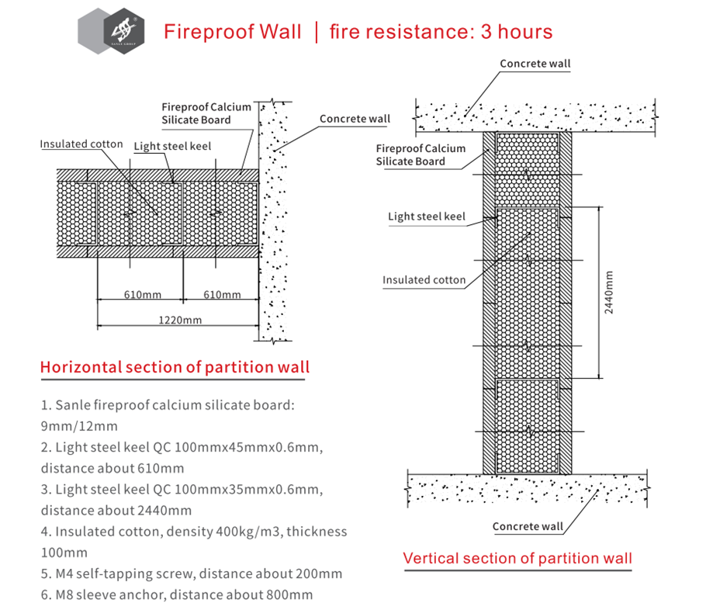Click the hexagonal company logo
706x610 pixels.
click(112, 32)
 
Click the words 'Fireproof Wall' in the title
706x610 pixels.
click(232, 32)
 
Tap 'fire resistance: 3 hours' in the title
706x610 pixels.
click(441, 32)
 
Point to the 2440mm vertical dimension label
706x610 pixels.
click(609, 292)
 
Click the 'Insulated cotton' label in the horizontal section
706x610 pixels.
click(81, 144)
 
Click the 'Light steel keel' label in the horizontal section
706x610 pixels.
click(172, 146)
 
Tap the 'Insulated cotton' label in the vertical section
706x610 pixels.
click(424, 280)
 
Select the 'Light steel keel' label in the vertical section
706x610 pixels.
click(427, 217)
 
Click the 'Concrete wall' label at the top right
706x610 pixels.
click(535, 64)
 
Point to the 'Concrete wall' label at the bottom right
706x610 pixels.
click(528, 526)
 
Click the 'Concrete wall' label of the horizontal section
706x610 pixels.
click(355, 119)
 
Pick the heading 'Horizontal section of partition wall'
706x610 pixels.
click(175, 367)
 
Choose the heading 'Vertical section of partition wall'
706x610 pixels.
click(517, 558)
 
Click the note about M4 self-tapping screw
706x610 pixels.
click(191, 574)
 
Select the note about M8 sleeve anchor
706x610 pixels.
click(176, 595)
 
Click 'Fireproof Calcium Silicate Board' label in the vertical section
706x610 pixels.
click(420, 154)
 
